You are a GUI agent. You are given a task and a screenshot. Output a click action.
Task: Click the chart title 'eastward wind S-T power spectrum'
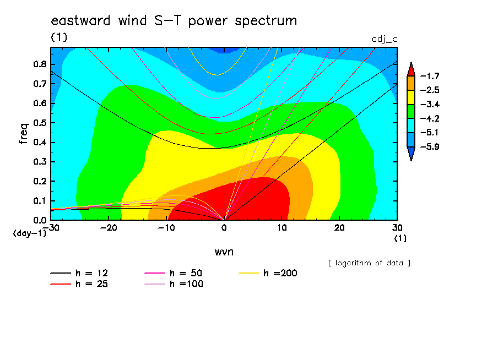tap(174, 20)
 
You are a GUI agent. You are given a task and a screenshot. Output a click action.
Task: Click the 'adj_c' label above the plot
tap(385, 39)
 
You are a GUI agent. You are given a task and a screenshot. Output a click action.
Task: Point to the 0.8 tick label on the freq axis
tap(40, 64)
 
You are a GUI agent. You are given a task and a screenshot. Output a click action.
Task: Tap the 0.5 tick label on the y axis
tap(40, 123)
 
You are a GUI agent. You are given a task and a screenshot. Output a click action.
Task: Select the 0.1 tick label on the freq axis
tap(40, 201)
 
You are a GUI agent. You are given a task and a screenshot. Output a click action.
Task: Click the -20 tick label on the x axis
tap(109, 228)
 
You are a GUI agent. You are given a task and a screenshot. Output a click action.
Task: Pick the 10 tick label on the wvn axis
tap(282, 228)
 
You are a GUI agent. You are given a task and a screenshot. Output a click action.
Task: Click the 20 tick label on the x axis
tap(339, 228)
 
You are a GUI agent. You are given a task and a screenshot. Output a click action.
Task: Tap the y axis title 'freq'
tap(24, 134)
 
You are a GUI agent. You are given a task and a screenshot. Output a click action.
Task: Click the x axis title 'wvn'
tap(224, 252)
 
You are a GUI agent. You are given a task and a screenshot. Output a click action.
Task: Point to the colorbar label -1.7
tap(430, 76)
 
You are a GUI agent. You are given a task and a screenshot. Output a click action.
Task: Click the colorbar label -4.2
tap(430, 119)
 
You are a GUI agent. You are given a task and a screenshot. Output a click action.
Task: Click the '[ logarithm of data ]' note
tap(369, 263)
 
